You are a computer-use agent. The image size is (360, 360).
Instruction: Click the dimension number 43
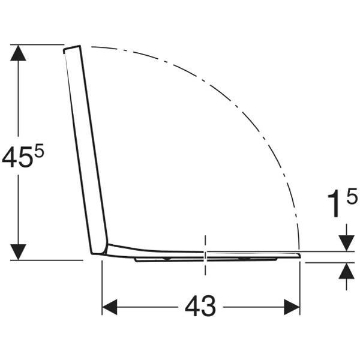click(x=200, y=306)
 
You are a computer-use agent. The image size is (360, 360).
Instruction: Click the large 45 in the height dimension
click(x=17, y=157)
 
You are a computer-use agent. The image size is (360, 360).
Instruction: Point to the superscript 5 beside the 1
click(x=352, y=196)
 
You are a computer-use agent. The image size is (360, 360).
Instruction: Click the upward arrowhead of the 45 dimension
click(x=18, y=53)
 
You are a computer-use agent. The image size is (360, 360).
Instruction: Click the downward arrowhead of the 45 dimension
click(x=18, y=252)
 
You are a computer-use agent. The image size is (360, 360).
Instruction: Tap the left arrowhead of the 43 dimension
click(x=110, y=307)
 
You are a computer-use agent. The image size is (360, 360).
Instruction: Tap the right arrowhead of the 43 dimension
click(x=292, y=307)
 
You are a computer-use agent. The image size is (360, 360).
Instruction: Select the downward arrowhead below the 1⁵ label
click(x=346, y=244)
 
